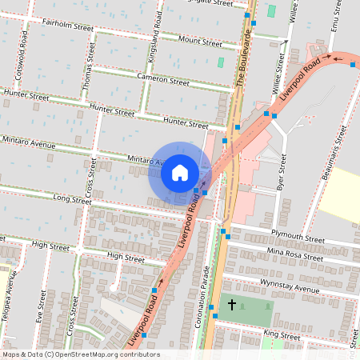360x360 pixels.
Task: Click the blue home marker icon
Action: tap(180, 173)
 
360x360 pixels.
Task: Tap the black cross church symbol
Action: tap(233, 305)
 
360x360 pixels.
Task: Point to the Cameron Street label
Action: tap(162, 81)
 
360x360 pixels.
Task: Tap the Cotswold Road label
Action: tap(26, 57)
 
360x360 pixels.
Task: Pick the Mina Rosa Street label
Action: tap(296, 254)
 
